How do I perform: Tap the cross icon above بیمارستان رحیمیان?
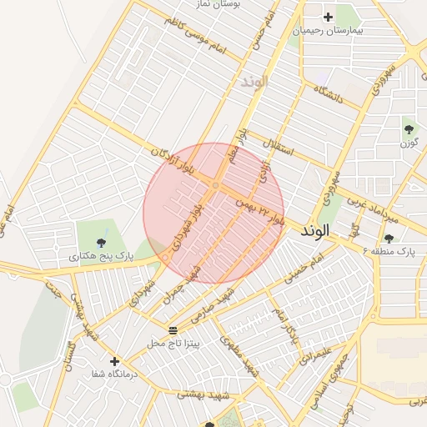[328, 17]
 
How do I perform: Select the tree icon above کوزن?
[409, 129]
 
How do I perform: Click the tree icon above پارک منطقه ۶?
[389, 239]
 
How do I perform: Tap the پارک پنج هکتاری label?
[101, 256]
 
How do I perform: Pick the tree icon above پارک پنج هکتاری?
[102, 243]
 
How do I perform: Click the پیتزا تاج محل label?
[173, 343]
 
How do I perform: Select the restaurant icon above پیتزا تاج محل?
[173, 331]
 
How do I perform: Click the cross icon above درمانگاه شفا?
[114, 362]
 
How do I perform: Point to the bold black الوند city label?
[318, 229]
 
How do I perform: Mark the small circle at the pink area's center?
[215, 185]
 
